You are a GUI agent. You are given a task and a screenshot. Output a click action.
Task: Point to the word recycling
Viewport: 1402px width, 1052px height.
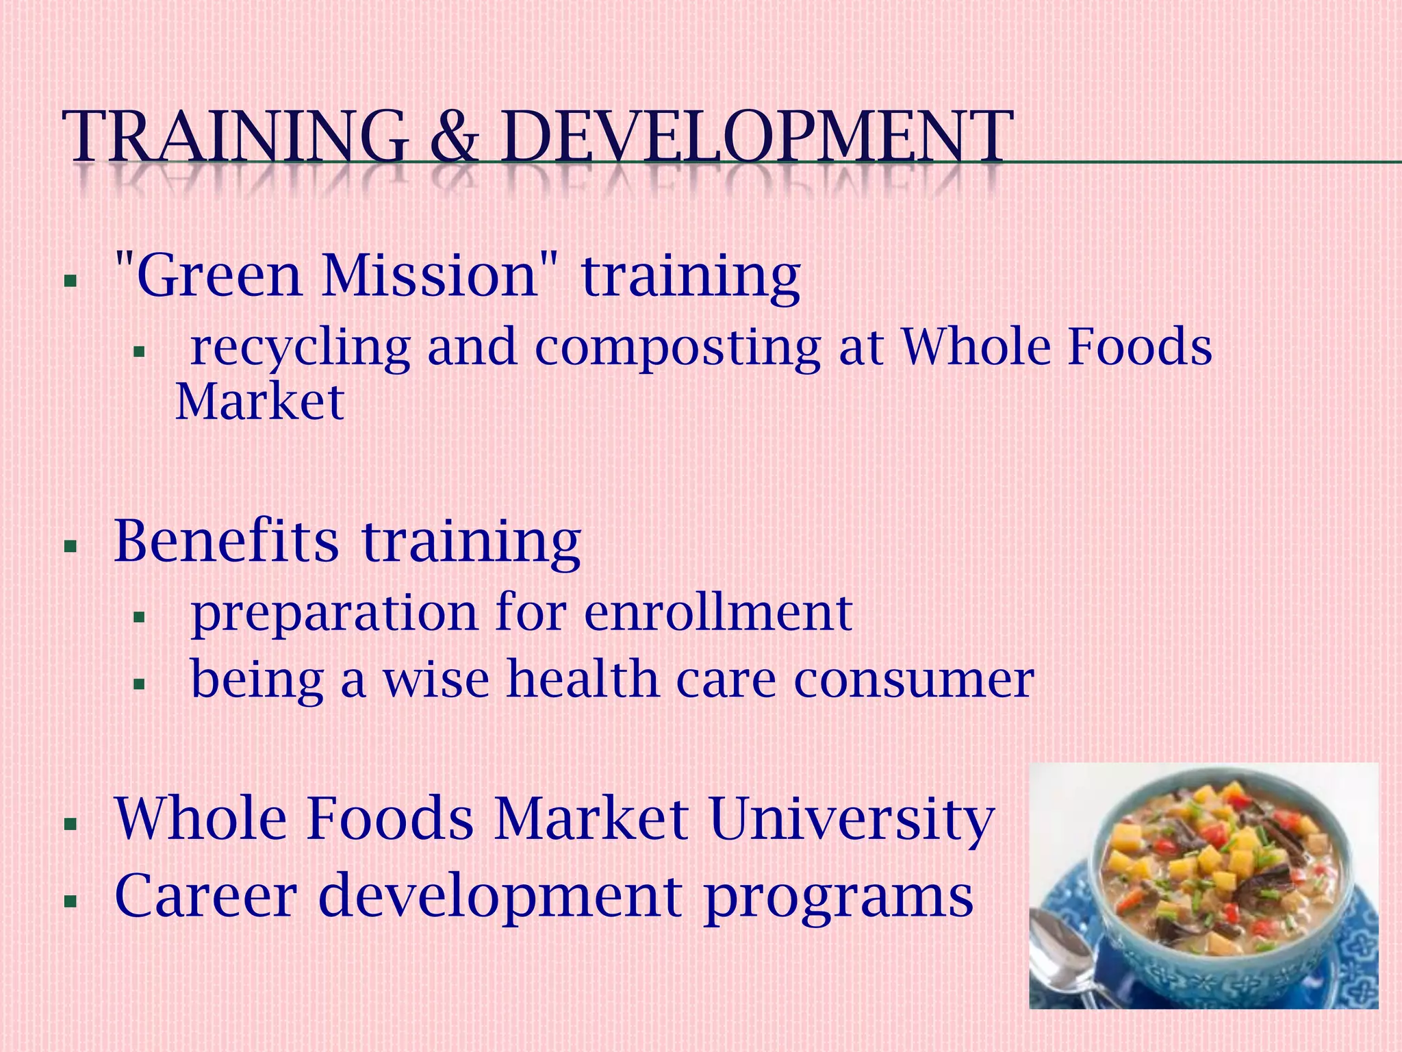[x=300, y=348]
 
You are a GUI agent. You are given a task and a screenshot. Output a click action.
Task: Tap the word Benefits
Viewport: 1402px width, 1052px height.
[x=226, y=541]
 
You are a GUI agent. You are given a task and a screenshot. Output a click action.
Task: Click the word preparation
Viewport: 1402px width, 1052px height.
[x=333, y=614]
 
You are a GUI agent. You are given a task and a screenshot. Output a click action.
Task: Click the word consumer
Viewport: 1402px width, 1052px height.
[x=914, y=680]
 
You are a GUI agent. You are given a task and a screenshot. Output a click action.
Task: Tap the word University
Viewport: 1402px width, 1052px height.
[x=852, y=820]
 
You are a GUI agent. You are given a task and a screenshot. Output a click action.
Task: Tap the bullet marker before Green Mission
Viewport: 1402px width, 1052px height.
[x=70, y=281]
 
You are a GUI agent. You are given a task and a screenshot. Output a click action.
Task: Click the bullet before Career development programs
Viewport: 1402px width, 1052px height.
[x=70, y=902]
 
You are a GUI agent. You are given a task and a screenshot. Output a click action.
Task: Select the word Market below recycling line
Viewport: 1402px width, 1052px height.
[x=259, y=402]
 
